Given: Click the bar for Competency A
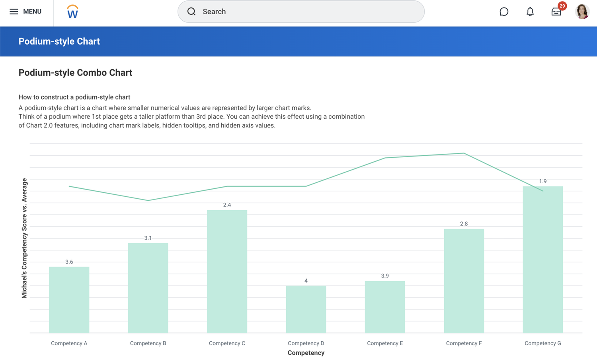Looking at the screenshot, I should tap(69, 299).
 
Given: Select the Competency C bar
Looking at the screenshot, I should tap(227, 271).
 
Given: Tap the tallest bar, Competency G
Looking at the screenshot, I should tap(542, 259).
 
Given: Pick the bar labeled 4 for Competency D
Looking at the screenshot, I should tap(306, 309).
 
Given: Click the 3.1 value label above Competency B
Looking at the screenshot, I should tap(148, 238).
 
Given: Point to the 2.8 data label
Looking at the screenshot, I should tap(464, 224).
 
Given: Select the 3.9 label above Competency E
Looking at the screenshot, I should tap(385, 276).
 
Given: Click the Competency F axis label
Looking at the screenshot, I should tap(464, 343).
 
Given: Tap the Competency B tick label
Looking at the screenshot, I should tap(148, 343).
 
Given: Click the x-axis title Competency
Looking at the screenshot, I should tap(306, 353).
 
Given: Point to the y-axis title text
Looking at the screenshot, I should tap(24, 238).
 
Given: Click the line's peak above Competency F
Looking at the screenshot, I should tap(464, 153).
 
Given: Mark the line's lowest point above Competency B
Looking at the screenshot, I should tap(148, 200).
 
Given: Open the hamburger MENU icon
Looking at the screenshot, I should tap(14, 12).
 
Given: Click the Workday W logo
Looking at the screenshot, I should tap(72, 12).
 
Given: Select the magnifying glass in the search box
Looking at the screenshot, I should tap(191, 12).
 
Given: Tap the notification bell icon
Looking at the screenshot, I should tap(530, 12).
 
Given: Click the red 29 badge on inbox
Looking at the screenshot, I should tap(562, 6).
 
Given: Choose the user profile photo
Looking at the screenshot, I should tap(582, 12).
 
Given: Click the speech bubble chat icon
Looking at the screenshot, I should tap(504, 12).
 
